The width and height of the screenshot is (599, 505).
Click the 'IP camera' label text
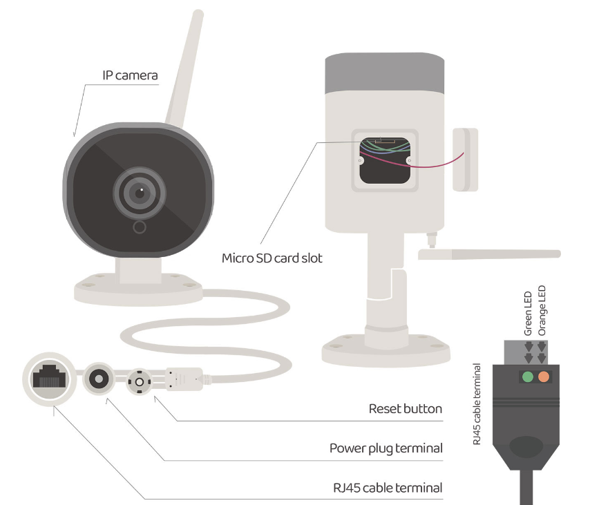pyautogui.click(x=130, y=75)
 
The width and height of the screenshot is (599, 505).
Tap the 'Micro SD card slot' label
pyautogui.click(x=272, y=258)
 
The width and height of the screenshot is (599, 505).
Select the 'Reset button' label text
pyautogui.click(x=405, y=409)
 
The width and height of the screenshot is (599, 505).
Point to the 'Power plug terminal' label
pyautogui.click(x=386, y=448)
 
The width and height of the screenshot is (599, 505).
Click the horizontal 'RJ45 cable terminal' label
pyautogui.click(x=387, y=488)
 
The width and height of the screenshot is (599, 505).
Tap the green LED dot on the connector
pyautogui.click(x=528, y=377)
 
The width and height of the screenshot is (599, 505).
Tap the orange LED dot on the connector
pyautogui.click(x=544, y=377)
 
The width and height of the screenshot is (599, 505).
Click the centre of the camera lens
pyautogui.click(x=140, y=193)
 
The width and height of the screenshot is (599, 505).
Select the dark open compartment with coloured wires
pyautogui.click(x=385, y=160)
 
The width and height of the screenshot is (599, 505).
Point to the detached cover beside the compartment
pyautogui.click(x=466, y=158)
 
